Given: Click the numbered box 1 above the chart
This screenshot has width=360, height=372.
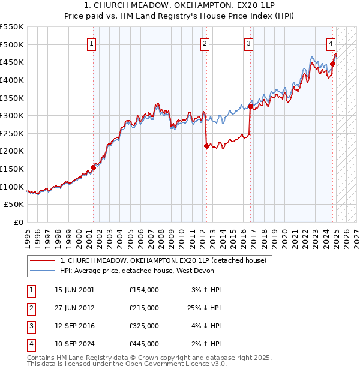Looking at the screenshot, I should pos(92,43).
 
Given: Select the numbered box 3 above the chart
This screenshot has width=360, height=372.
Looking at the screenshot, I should pos(248,43).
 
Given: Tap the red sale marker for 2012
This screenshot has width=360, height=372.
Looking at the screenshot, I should pos(206,146).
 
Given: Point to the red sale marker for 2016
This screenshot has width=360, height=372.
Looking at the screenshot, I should pos(250,107).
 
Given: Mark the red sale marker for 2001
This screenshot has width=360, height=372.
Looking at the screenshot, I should pos(93,168).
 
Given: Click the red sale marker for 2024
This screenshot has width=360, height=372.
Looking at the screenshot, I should pos(332,64).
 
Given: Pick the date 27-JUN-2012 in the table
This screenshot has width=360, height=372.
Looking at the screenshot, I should pos(74,308).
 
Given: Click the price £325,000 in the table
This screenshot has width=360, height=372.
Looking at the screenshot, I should pos(143,326).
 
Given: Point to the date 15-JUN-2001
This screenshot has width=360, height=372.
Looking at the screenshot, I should pos(74,290).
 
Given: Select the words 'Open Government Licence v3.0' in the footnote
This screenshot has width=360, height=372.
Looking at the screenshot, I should pos(179,364).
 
